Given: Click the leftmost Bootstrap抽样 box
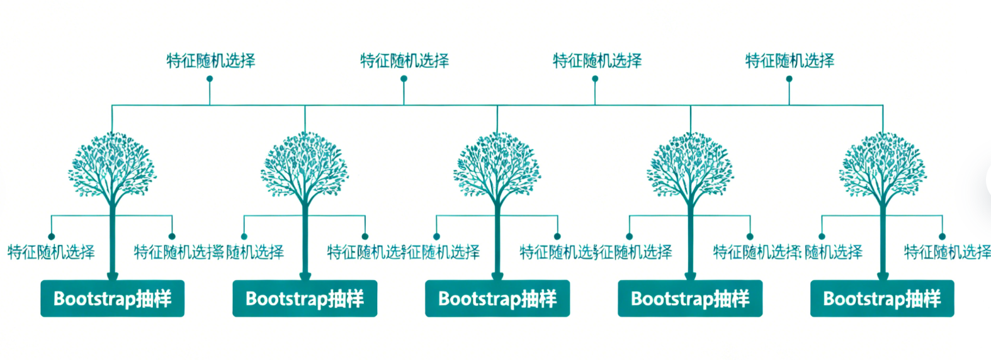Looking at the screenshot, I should (112, 298).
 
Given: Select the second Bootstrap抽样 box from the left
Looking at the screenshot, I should (305, 298).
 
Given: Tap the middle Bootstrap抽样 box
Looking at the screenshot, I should (497, 298).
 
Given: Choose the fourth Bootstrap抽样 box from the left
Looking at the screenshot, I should (690, 298).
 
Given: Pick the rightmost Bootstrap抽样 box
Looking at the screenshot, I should (882, 298).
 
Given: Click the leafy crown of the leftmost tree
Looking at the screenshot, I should (112, 164).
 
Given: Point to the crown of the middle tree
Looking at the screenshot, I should (497, 164).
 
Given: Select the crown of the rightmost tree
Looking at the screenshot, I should (883, 164).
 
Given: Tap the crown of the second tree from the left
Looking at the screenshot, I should (305, 164).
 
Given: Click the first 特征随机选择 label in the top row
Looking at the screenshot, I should (210, 60).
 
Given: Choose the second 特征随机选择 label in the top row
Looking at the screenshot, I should (404, 60).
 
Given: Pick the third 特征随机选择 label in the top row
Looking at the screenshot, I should (597, 60).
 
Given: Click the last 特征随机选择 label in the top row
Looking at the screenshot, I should (790, 60).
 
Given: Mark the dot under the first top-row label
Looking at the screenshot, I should (210, 79).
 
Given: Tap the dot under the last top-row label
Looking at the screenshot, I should (789, 79).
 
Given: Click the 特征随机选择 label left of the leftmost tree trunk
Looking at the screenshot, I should (51, 252).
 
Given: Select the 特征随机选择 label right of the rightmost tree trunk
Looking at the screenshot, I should (947, 252).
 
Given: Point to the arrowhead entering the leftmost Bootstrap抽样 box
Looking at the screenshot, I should (112, 276).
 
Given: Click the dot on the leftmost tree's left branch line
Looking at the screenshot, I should (52, 237).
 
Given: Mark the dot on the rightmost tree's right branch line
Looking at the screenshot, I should (942, 237).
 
